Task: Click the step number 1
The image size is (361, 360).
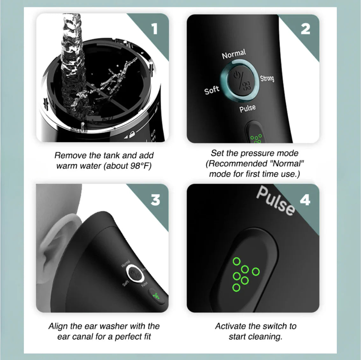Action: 154,29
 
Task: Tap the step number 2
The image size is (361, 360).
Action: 305,29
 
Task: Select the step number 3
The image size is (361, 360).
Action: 155,200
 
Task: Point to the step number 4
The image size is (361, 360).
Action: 305,200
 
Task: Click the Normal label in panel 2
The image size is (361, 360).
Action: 234,54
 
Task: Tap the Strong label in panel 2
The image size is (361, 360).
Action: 267,78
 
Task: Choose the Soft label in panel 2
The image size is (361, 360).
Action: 212,90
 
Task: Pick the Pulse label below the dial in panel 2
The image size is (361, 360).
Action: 247,108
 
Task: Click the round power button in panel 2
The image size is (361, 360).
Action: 242,82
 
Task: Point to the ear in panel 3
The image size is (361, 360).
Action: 59,245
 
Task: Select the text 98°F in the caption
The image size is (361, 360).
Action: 140,166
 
